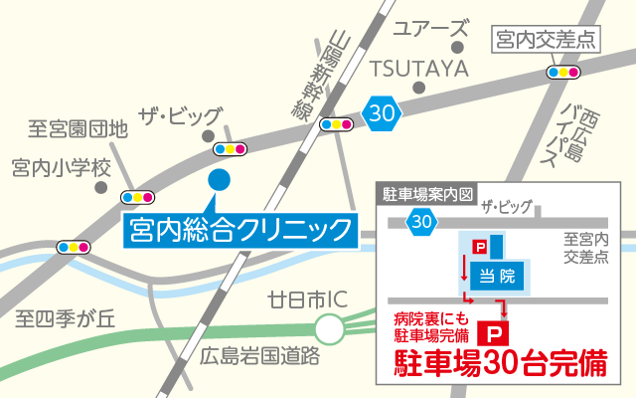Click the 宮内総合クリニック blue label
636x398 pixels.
pos(239,231)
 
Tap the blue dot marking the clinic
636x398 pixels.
pos(221,180)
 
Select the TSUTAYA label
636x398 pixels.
pos(419,68)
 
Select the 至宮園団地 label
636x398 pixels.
pos(78,128)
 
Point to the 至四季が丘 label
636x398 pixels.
pos(67,318)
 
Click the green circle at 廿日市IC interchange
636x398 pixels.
pos(329,326)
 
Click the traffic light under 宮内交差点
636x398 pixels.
pos(564,72)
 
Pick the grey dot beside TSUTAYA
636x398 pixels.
pos(420,88)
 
